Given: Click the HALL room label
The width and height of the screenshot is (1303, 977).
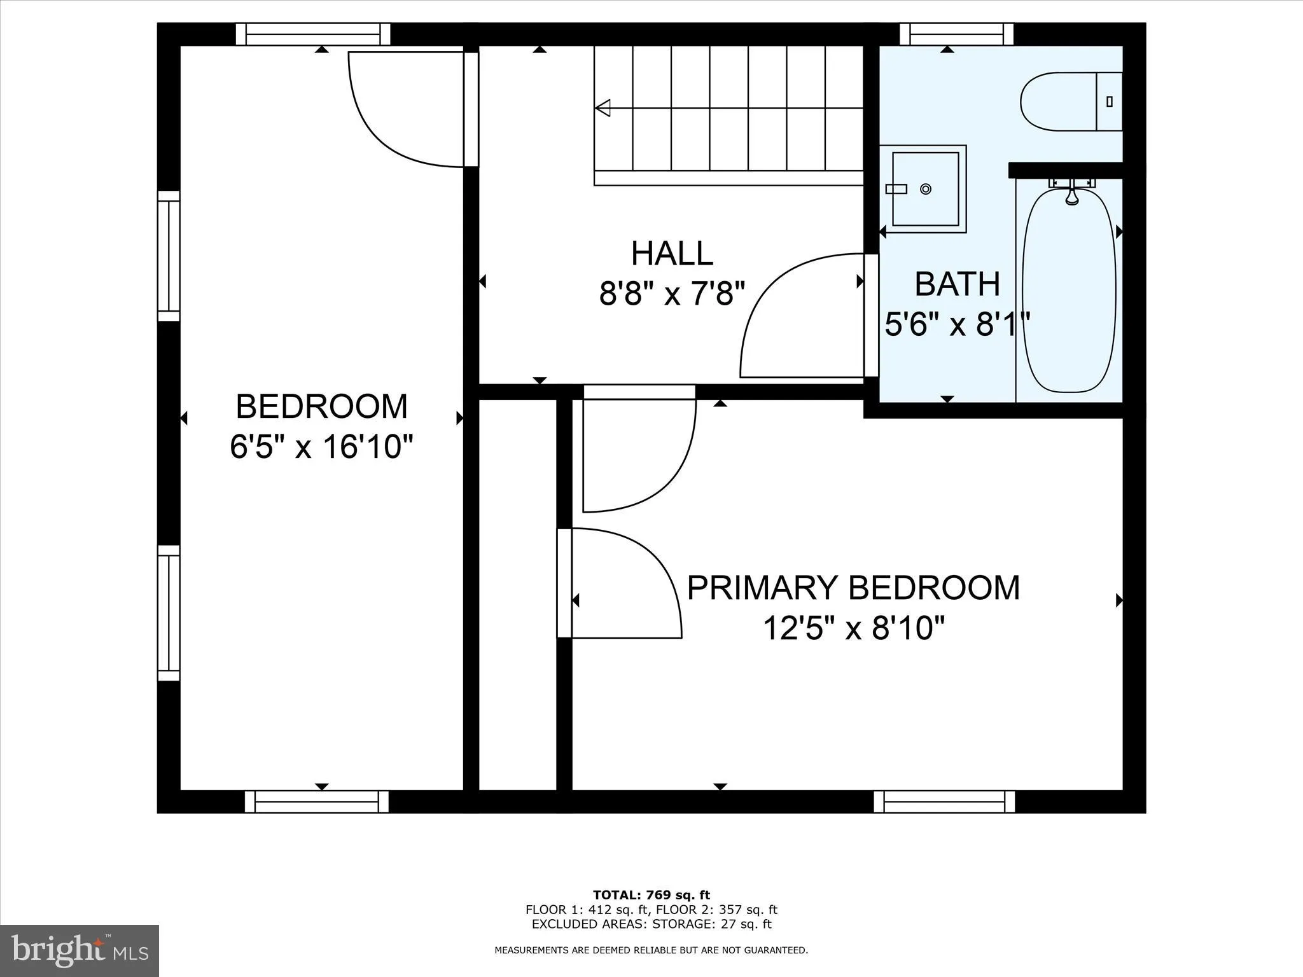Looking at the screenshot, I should pyautogui.click(x=672, y=254).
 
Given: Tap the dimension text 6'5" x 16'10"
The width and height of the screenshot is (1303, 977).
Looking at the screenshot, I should pyautogui.click(x=321, y=447).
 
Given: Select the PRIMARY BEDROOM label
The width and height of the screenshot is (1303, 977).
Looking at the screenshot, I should pyautogui.click(x=853, y=588).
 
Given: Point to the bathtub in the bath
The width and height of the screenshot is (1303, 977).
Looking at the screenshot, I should pyautogui.click(x=1069, y=289).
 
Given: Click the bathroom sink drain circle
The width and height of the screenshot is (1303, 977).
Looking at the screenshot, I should pyautogui.click(x=926, y=189).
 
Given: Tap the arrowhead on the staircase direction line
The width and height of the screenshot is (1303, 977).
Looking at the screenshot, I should pyautogui.click(x=603, y=108).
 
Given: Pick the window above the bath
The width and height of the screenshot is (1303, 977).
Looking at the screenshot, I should pyautogui.click(x=956, y=34).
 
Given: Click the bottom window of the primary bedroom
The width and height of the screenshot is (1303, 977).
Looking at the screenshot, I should pyautogui.click(x=944, y=801).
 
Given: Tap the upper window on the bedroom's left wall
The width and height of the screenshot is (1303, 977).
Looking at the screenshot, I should pyautogui.click(x=169, y=256).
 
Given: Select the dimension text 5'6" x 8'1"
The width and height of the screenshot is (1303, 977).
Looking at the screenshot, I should pyautogui.click(x=957, y=325).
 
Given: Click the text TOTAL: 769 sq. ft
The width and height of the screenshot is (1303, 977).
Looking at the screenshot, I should pyautogui.click(x=651, y=895).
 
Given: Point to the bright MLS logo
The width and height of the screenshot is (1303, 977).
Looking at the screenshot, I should pyautogui.click(x=80, y=950).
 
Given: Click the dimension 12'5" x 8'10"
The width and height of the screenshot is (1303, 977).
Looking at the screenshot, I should pyautogui.click(x=853, y=628).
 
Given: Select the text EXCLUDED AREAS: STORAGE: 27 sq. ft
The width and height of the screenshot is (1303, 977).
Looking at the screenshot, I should pyautogui.click(x=651, y=924).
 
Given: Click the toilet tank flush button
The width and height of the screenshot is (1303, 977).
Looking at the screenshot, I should pyautogui.click(x=1110, y=101).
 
